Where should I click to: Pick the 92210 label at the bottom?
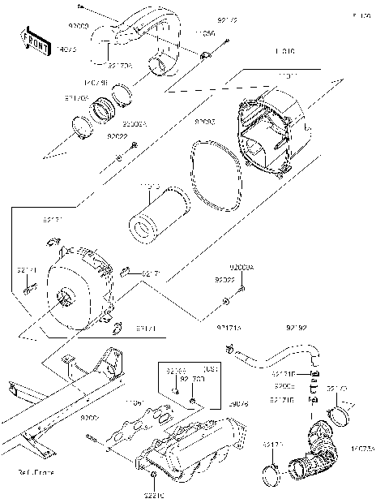[155, 492]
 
